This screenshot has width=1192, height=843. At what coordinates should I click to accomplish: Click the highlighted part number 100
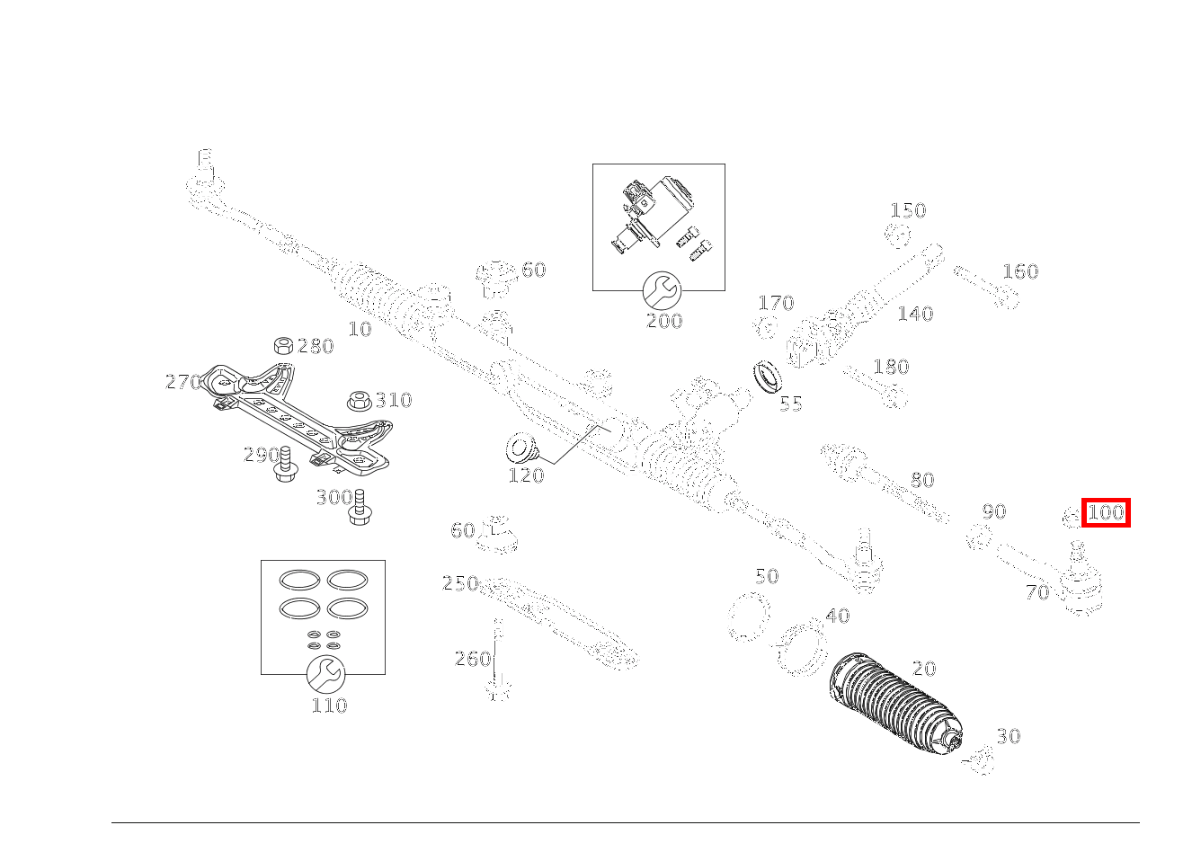pyautogui.click(x=1106, y=513)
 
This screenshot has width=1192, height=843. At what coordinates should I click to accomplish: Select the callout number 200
pyautogui.click(x=663, y=321)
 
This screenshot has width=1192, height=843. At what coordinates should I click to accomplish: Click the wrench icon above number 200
pyautogui.click(x=663, y=289)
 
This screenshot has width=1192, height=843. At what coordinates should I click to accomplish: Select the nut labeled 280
pyautogui.click(x=282, y=346)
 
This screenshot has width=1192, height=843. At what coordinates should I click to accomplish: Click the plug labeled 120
pyautogui.click(x=519, y=447)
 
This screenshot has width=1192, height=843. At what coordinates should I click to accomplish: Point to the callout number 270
pyautogui.click(x=182, y=382)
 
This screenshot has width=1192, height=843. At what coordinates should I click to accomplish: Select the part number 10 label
pyautogui.click(x=360, y=329)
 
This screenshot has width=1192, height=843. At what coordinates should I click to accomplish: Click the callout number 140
pyautogui.click(x=915, y=314)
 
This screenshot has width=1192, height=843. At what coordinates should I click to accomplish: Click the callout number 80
pyautogui.click(x=922, y=480)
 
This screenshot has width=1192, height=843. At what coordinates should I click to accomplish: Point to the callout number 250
pyautogui.click(x=460, y=583)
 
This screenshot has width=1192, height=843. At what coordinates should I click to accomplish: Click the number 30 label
pyautogui.click(x=1009, y=736)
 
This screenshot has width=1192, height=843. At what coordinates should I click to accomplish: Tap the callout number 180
pyautogui.click(x=891, y=367)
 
